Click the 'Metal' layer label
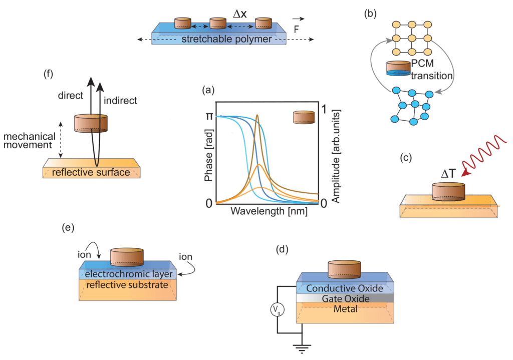[x=345, y=309]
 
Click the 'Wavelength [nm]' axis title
[x=269, y=211]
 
